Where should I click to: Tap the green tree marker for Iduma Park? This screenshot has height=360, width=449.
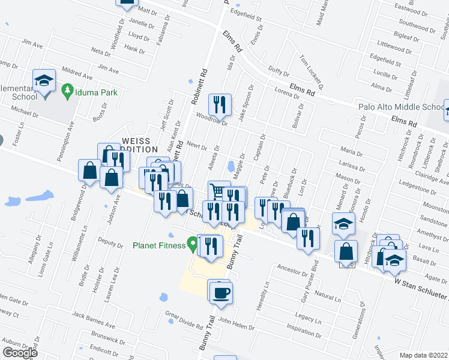tap(67, 91)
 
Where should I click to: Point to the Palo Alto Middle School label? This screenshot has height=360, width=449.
tap(400, 107)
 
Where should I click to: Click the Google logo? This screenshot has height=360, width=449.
tap(20, 352)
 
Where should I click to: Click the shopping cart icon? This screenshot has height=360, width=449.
tap(218, 191)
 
